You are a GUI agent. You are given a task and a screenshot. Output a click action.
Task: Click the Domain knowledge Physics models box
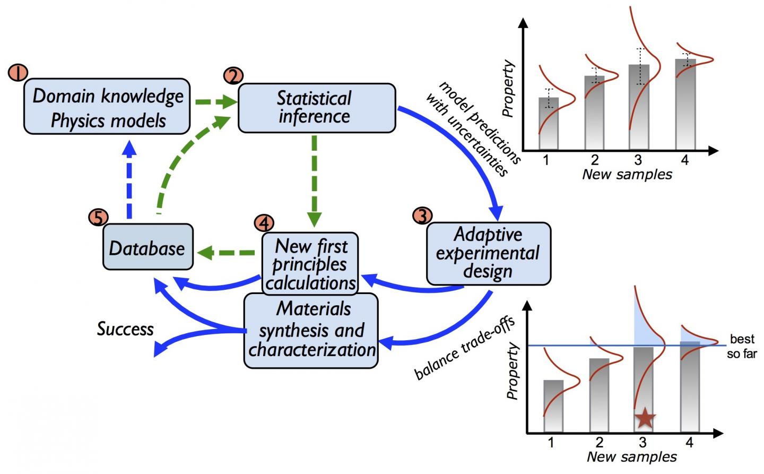(107, 107)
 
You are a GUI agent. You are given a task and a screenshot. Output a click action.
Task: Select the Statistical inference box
(316, 108)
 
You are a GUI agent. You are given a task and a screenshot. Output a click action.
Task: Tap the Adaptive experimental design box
(488, 253)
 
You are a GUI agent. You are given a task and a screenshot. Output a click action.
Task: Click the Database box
(147, 247)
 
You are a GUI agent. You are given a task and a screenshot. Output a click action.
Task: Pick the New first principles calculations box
(311, 264)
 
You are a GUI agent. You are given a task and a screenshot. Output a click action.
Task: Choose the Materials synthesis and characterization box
(311, 330)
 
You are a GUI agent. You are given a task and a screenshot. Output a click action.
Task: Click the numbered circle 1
(18, 73)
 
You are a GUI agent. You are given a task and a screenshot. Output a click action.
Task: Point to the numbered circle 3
(422, 216)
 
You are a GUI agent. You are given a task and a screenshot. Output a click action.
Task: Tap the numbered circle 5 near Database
(99, 217)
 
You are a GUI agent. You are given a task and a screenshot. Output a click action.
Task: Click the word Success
(125, 329)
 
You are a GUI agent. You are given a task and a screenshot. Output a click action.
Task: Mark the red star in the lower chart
(645, 418)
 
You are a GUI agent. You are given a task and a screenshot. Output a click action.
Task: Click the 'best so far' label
(742, 346)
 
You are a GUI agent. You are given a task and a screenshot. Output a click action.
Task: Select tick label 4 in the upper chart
(685, 160)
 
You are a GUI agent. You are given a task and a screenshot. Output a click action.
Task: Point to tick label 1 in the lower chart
(551, 442)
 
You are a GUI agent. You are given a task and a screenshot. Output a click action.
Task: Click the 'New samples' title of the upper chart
(627, 175)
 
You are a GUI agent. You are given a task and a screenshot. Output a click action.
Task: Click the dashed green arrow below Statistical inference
(314, 178)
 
